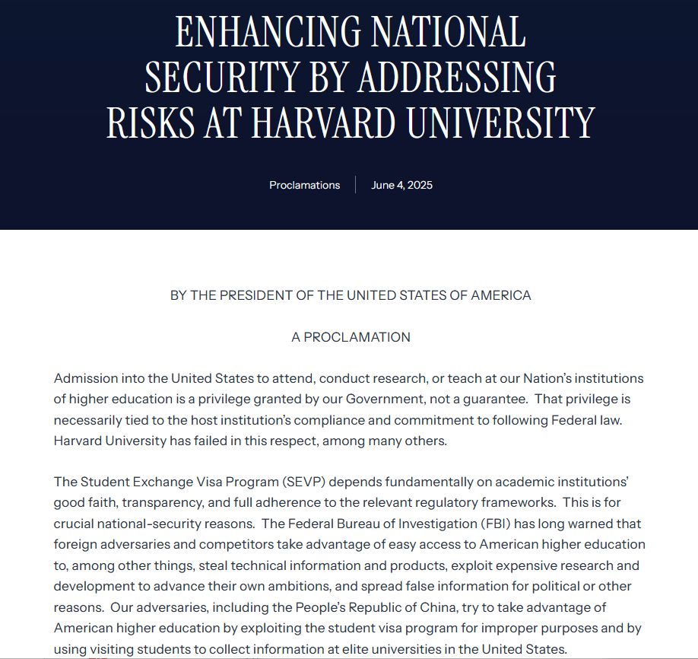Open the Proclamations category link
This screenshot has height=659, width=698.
[304, 185]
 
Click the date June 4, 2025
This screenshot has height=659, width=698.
[401, 185]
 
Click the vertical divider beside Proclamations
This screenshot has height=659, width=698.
[355, 185]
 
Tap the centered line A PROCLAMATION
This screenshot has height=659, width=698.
[351, 337]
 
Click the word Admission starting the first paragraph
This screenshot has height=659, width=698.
[84, 378]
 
